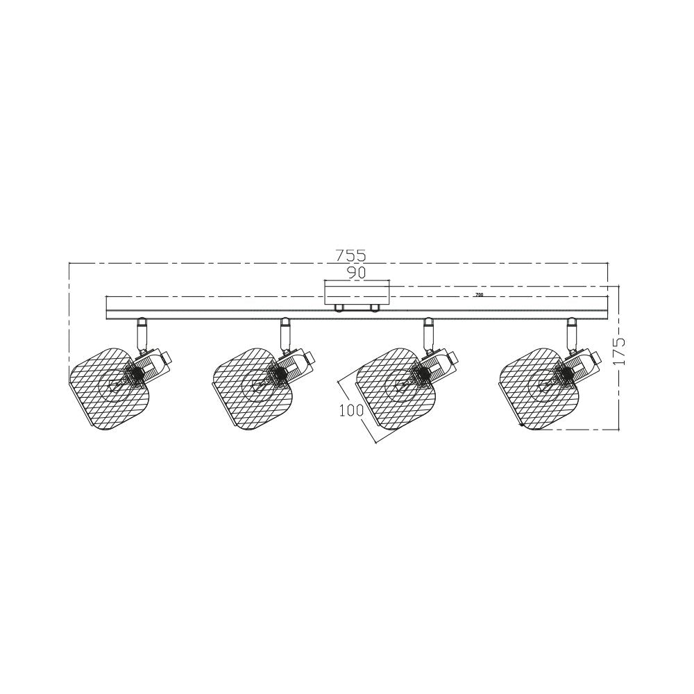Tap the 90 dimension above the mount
[357, 273]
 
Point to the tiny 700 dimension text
[479, 295]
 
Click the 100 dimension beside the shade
[351, 410]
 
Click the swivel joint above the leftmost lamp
[142, 333]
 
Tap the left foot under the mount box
[339, 307]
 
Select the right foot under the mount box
[375, 307]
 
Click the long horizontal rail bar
[208, 307]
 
